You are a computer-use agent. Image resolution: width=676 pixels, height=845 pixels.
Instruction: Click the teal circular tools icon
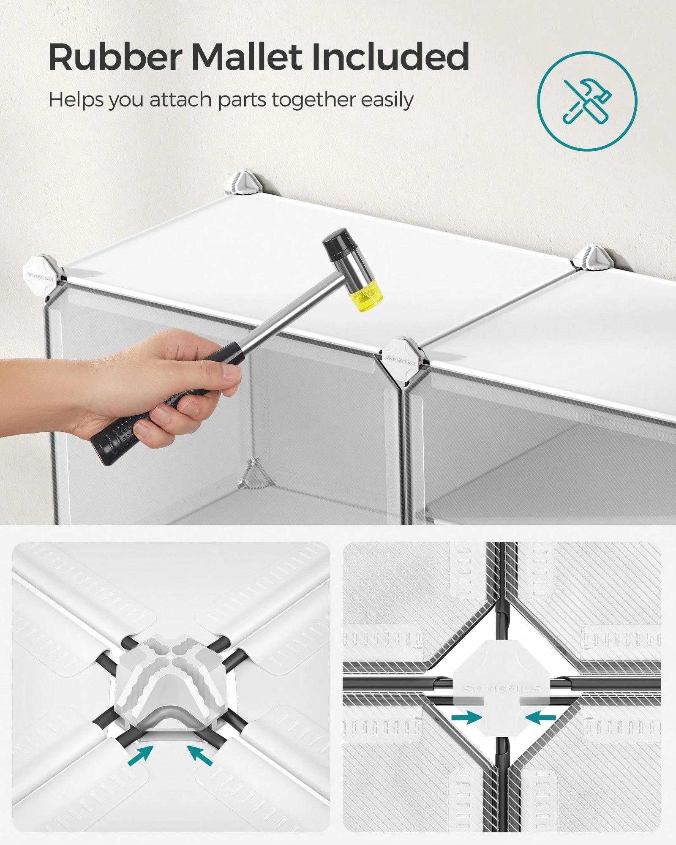click(587, 101)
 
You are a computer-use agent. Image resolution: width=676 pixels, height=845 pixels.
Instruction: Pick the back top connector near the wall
click(242, 183)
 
